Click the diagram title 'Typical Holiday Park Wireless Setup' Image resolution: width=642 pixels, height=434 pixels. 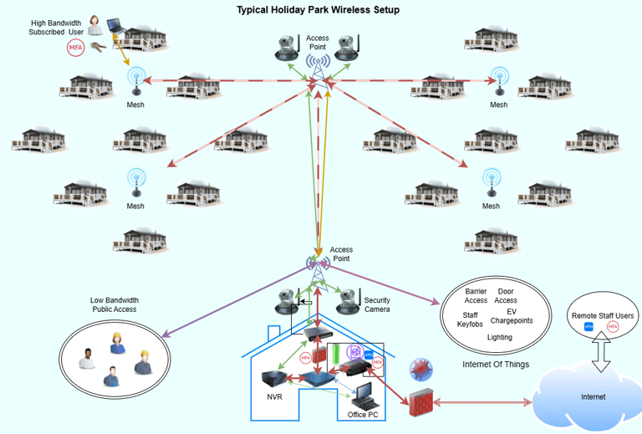tap(318, 10)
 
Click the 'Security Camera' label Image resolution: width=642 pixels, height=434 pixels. tap(377, 305)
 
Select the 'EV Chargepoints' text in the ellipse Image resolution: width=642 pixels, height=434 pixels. tap(512, 316)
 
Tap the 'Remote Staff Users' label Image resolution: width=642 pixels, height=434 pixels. tap(603, 315)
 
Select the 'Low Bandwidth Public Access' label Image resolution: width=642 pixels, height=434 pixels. tap(115, 304)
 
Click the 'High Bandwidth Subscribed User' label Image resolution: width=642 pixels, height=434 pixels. tap(57, 27)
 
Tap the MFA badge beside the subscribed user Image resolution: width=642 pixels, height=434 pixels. tap(76, 49)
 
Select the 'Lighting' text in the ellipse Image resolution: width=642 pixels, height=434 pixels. tap(500, 337)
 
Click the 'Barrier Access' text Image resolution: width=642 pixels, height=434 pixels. tap(476, 296)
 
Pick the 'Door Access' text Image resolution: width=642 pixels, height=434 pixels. tap(506, 296)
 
